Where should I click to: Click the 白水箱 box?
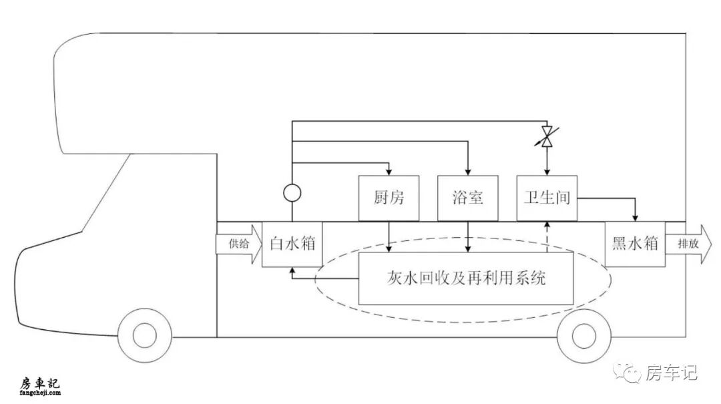[x=292, y=244]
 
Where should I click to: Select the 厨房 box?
[x=389, y=198]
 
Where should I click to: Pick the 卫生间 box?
[x=547, y=198]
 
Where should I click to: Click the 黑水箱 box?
[x=635, y=244]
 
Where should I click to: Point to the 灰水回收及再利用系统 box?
[x=466, y=278]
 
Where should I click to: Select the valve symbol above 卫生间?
[x=547, y=136]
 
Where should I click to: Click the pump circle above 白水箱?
[x=292, y=193]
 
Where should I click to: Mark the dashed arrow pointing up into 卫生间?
[x=547, y=237]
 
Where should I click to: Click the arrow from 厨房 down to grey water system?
[x=389, y=237]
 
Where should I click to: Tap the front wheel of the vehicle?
[x=144, y=335]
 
